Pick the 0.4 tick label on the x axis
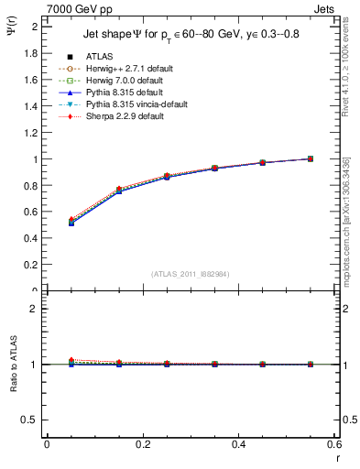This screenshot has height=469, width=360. pos(238,444)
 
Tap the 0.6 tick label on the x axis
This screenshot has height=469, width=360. pos(334,444)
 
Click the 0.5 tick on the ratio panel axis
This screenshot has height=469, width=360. pos(32,420)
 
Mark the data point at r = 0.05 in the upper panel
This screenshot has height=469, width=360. pos(46,223)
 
